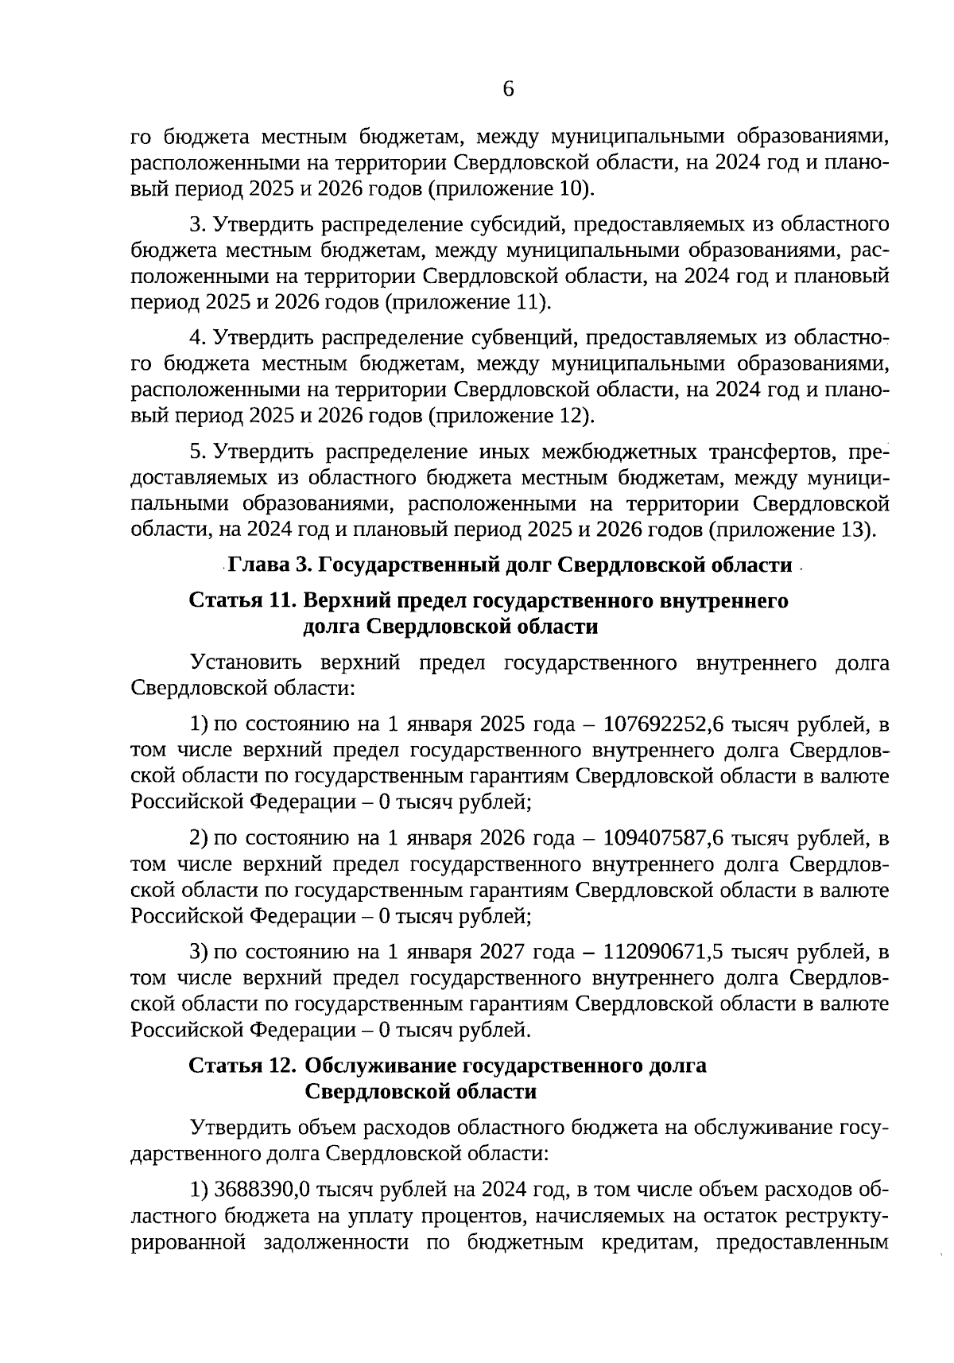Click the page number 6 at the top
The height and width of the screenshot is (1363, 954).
click(x=509, y=89)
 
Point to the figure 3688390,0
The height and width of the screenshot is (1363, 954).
click(x=262, y=1191)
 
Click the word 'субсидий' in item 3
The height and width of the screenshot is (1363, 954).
click(x=517, y=225)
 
